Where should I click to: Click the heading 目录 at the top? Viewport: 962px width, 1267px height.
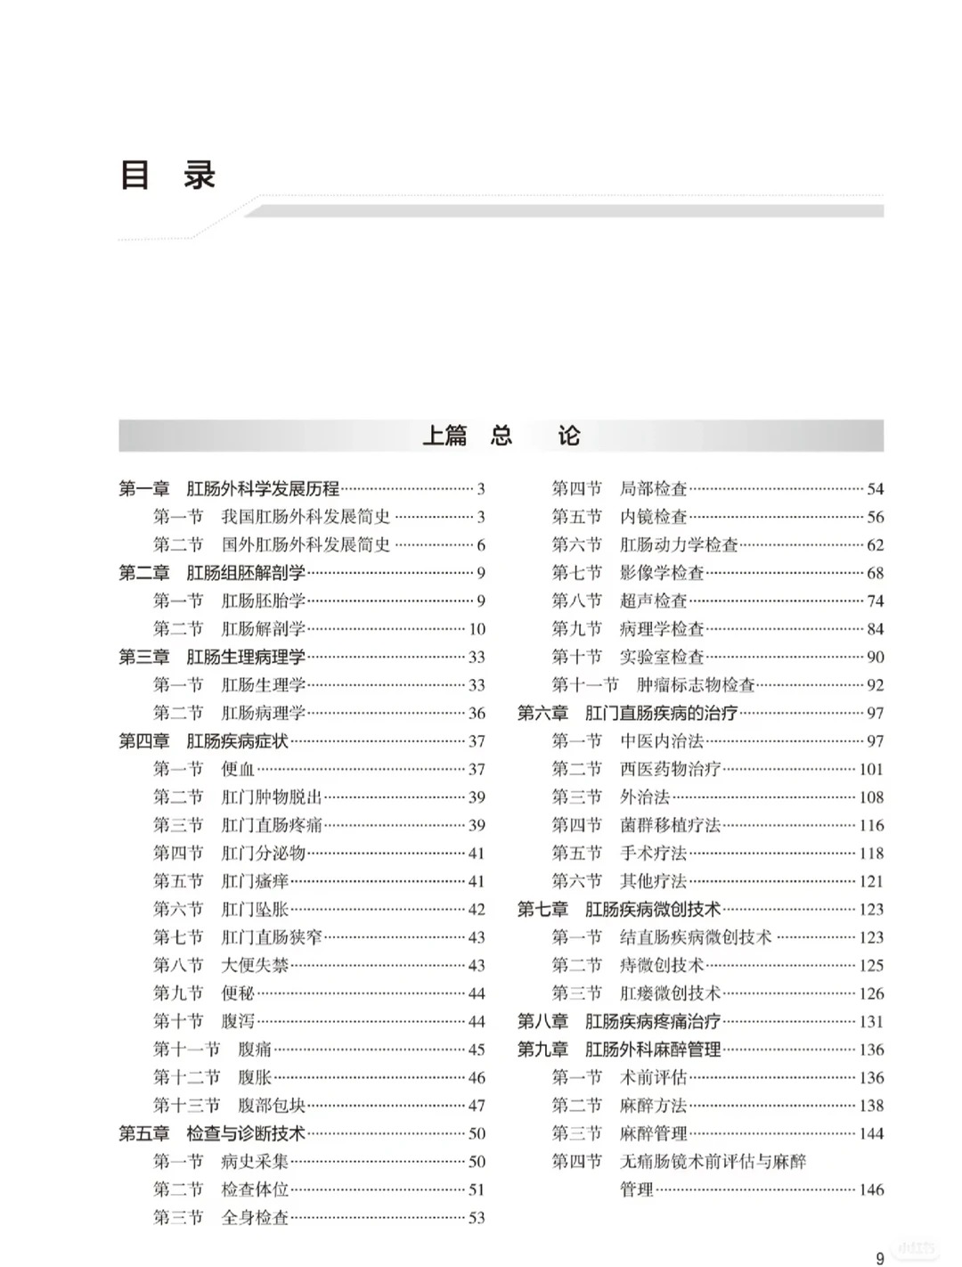tap(168, 175)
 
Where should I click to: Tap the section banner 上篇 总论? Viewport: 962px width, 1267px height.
tap(501, 436)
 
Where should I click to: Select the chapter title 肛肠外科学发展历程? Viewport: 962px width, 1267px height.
tap(263, 488)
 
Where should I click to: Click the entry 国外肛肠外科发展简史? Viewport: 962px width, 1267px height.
tap(306, 544)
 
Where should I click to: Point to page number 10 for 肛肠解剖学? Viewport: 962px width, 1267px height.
tap(477, 629)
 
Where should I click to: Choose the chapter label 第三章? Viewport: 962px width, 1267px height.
tap(143, 657)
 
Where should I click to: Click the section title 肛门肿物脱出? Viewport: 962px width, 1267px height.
tap(272, 797)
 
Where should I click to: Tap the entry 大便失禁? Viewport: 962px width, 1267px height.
tap(255, 965)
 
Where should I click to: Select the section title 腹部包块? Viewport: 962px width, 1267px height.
tap(272, 1105)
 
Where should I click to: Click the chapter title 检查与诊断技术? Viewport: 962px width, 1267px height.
tap(246, 1133)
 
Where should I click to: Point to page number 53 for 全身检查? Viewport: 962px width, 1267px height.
tap(477, 1217)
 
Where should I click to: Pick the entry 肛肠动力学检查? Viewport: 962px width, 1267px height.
tap(679, 544)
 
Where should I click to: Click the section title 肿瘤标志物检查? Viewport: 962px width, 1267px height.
tap(696, 684)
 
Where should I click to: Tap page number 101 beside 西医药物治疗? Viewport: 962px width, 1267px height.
tap(870, 769)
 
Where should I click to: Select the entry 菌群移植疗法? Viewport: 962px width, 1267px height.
tap(670, 825)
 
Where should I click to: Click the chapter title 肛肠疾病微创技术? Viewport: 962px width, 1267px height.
tap(653, 909)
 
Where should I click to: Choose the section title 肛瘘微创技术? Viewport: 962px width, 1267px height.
tap(670, 993)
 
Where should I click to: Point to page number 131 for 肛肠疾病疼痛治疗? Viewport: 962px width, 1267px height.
tap(870, 1021)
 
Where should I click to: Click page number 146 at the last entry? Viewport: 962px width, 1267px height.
tap(870, 1189)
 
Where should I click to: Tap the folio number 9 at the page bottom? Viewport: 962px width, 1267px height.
tap(880, 1258)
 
